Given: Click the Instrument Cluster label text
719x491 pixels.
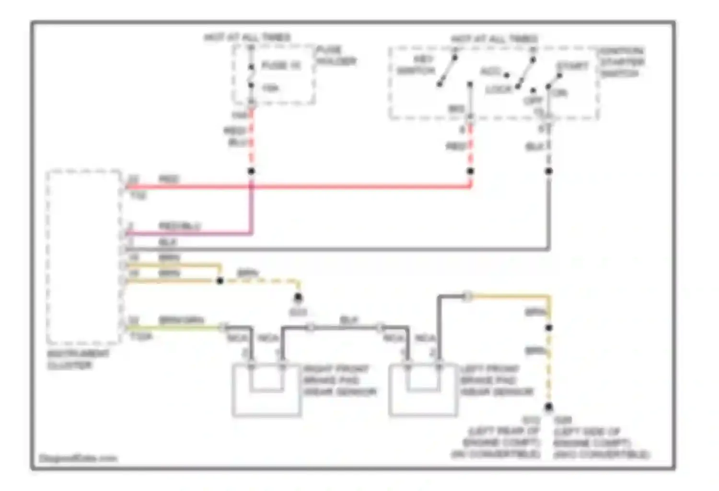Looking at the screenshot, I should pyautogui.click(x=78, y=359).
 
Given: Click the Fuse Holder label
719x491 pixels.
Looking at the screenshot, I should pyautogui.click(x=336, y=55).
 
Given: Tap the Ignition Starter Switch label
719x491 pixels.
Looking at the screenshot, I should pyautogui.click(x=622, y=62).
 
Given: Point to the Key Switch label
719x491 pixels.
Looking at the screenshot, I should pyautogui.click(x=416, y=65).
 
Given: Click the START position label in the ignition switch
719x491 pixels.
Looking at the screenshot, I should pyautogui.click(x=572, y=66).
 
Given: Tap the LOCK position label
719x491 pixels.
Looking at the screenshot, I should pyautogui.click(x=499, y=90).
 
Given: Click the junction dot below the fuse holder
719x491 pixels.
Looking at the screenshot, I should pyautogui.click(x=251, y=171).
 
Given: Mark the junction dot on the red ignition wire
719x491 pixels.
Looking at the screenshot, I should pyautogui.click(x=470, y=171).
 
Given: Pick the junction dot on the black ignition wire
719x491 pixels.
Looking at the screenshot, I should pyautogui.click(x=549, y=171).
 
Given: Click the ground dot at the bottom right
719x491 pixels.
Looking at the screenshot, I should pyautogui.click(x=549, y=407).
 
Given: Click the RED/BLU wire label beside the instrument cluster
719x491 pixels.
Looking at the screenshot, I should pyautogui.click(x=180, y=225).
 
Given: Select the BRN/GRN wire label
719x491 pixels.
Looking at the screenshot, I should pyautogui.click(x=181, y=320).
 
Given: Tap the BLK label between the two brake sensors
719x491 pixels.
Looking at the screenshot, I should pyautogui.click(x=348, y=320).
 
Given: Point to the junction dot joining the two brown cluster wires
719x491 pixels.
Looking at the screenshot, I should pyautogui.click(x=220, y=281).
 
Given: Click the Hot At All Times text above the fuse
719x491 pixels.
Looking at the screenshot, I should pyautogui.click(x=247, y=37).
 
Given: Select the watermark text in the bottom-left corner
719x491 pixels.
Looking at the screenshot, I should pyautogui.click(x=78, y=458).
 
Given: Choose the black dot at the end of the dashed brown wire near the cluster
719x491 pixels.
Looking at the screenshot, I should pyautogui.click(x=298, y=297).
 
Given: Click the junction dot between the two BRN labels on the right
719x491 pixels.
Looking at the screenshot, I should pyautogui.click(x=549, y=328).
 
